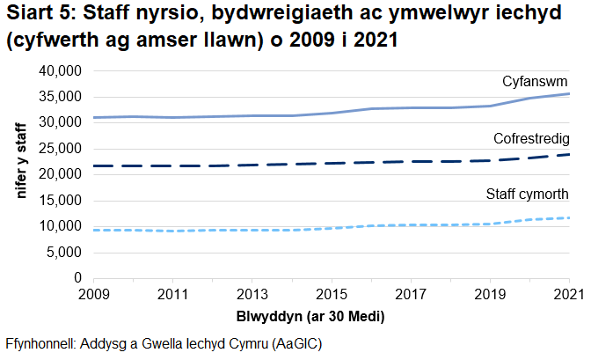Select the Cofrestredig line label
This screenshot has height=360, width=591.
(x=531, y=139)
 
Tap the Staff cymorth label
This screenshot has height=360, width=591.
(x=527, y=194)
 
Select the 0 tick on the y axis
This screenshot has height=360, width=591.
(x=77, y=278)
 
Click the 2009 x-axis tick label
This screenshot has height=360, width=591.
(x=94, y=294)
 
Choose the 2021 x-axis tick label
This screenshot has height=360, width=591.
(x=568, y=294)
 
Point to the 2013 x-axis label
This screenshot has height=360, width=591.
(x=252, y=294)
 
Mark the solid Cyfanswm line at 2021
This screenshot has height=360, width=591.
(x=568, y=93)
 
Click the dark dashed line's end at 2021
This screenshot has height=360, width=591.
(x=568, y=155)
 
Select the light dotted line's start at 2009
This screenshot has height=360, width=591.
(x=95, y=230)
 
